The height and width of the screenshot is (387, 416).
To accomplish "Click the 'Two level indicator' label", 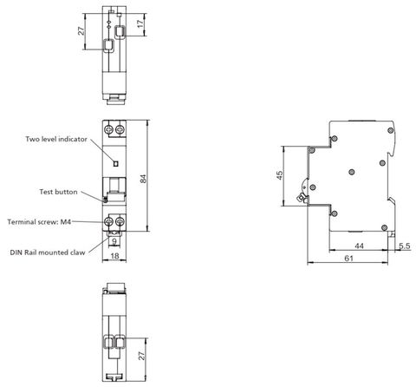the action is coord(56,139).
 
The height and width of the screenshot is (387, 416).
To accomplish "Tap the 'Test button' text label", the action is coord(58,192).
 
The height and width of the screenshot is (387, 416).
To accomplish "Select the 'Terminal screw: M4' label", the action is coord(39,222).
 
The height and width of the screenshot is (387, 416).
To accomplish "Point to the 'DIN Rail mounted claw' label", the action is coord(48,253).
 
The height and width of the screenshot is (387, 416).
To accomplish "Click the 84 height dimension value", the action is coord(143,179).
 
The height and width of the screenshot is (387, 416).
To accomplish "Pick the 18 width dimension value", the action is coord(114,256).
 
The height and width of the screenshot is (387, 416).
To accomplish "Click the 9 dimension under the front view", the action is coord(114,241).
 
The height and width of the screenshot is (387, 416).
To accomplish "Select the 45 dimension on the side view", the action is coord(280,175).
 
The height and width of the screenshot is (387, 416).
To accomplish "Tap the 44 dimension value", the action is coord(359,246).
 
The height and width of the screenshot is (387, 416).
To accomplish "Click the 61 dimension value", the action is coord(348,258).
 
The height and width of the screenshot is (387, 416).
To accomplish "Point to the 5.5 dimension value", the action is coord(405,246).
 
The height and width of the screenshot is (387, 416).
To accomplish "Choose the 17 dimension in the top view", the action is coord(140,23).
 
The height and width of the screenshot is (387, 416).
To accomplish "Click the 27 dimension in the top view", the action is coord(81,31).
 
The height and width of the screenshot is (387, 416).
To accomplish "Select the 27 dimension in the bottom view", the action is coord(141,356).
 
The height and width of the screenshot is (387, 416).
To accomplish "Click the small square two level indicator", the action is coord(116,164).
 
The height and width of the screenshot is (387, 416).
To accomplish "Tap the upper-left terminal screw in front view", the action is coord(109,129).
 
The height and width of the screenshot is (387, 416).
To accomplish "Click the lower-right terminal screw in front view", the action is coord(120,221).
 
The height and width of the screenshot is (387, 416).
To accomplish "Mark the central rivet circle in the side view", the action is coord(352,173).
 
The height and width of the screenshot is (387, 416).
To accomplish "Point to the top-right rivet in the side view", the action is coord(390,130).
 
